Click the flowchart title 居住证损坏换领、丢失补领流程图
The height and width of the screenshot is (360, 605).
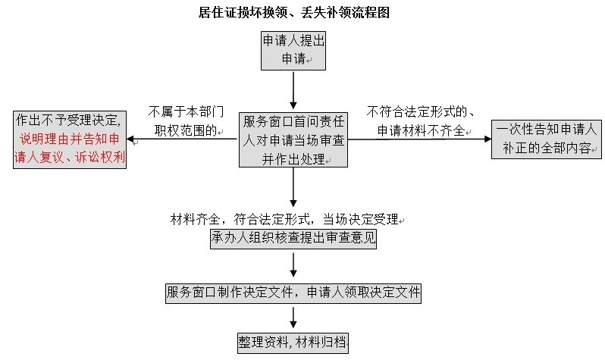tap(302, 13)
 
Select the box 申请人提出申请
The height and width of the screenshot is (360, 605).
tap(293, 51)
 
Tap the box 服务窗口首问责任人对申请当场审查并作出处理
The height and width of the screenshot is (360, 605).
tap(293, 139)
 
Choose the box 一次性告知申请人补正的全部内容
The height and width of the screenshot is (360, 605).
tap(544, 138)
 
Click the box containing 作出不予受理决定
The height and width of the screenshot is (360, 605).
tap(70, 139)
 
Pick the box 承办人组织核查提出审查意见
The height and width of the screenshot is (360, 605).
tap(293, 238)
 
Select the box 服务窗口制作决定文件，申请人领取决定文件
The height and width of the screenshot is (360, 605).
tap(293, 292)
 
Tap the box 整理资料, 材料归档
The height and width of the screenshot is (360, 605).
tap(293, 342)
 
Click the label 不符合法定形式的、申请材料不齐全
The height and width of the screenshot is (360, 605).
tap(420, 121)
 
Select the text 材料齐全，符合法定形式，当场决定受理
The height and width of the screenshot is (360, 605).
tap(284, 219)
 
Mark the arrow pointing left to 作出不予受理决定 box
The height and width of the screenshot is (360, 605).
tap(182, 140)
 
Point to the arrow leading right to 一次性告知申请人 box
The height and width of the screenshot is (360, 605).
tap(417, 139)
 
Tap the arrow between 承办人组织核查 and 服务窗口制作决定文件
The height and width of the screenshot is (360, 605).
tap(293, 265)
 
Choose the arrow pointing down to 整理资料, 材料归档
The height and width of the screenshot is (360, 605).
tap(293, 317)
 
